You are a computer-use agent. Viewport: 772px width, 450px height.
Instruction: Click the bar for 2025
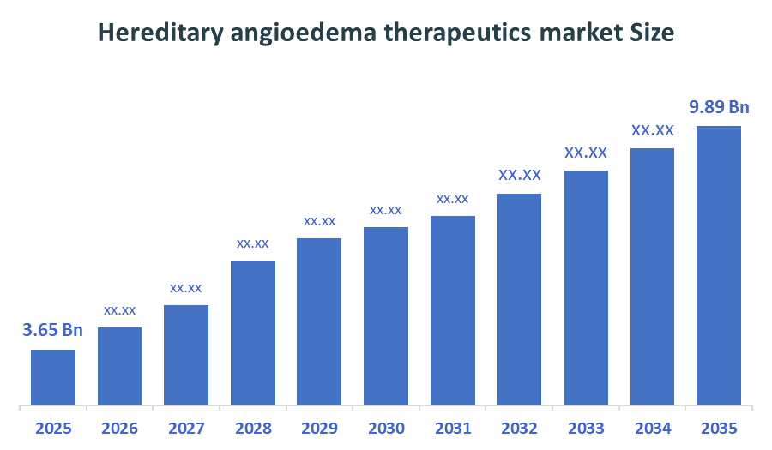pos(53,376)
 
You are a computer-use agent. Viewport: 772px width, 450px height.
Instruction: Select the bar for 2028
pos(253,332)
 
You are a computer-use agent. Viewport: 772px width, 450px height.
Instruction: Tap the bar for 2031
pos(452,309)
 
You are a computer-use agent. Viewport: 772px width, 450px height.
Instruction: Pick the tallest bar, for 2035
pos(718,265)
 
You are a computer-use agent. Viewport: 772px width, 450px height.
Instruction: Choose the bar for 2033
pos(585,287)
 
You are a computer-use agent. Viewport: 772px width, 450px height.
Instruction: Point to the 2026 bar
pos(119,365)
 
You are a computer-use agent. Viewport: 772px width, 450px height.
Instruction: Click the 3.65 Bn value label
pos(53,330)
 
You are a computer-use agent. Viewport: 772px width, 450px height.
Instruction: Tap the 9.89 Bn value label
pos(720,107)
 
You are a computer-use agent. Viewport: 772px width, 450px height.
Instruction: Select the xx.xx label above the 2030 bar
pos(385,210)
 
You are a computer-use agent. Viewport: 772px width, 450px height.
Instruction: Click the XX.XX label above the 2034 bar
pos(652,131)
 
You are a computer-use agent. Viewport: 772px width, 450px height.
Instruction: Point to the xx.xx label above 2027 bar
pos(186,287)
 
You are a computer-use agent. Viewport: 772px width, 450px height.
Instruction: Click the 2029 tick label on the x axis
pos(319,429)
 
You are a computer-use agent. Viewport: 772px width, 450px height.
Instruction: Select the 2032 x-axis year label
pos(519,429)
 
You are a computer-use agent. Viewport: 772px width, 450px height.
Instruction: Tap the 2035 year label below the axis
pos(718,429)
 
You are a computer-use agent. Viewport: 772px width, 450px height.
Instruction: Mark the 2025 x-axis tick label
pos(53,429)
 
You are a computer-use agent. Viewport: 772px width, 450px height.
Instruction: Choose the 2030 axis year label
pos(386,429)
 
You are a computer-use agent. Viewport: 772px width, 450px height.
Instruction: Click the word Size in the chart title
pos(651,33)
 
